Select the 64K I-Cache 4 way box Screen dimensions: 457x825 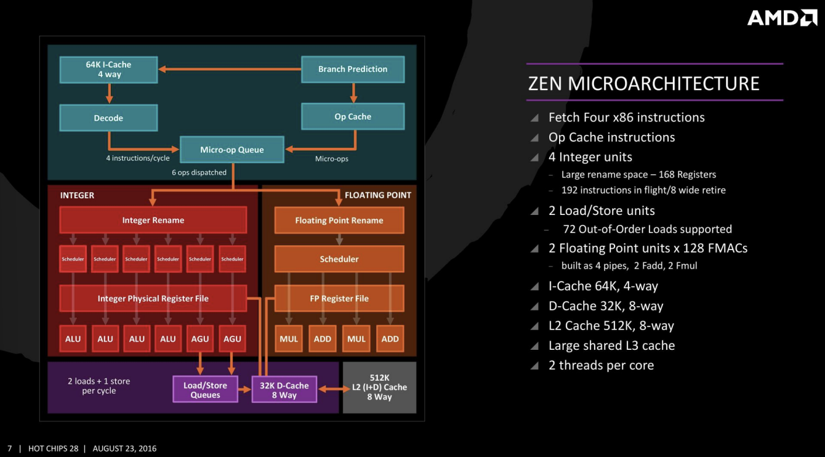click(108, 70)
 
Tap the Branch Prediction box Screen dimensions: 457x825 click(353, 69)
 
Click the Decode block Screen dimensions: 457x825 click(108, 118)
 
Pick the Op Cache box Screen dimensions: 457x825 click(353, 116)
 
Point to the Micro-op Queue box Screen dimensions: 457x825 click(231, 150)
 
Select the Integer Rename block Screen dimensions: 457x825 click(153, 220)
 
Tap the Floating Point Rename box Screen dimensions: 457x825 click(339, 220)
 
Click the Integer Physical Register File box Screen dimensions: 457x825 click(153, 298)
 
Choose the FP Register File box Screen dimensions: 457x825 click(339, 298)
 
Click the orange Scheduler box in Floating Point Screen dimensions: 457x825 click(339, 259)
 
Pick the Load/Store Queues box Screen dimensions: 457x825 click(205, 389)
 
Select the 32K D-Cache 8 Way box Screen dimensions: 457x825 click(284, 389)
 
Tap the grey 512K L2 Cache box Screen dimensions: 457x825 click(379, 387)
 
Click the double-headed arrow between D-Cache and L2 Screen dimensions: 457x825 click(330, 389)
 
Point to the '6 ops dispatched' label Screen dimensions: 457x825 click(199, 172)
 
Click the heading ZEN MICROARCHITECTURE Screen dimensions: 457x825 click(643, 84)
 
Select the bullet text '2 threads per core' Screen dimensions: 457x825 click(601, 365)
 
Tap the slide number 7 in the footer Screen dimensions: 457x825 click(9, 448)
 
